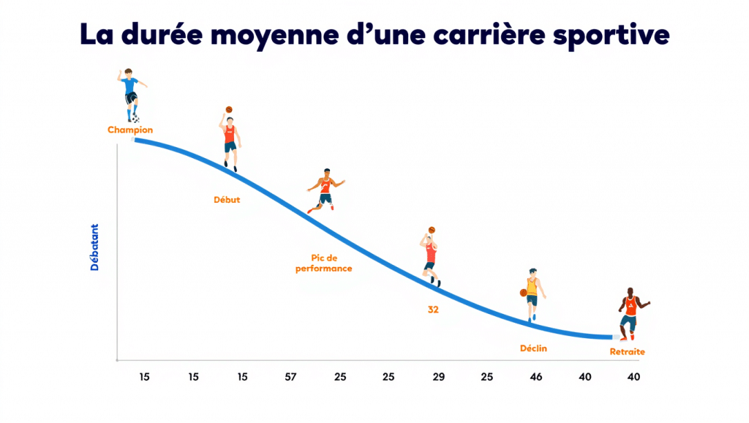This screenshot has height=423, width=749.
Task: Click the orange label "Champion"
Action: [x=130, y=130]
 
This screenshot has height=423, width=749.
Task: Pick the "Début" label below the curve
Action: [x=227, y=199]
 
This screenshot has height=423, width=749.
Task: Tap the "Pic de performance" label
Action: [x=323, y=263]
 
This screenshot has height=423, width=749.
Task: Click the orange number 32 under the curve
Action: [x=433, y=310]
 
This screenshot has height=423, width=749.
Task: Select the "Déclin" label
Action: [x=533, y=348]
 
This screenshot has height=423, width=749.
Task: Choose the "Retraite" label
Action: [x=628, y=352]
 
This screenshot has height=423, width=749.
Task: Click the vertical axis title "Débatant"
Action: [x=95, y=247]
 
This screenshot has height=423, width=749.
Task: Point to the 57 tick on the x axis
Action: [x=290, y=377]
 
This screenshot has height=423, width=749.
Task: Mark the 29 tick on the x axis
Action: [x=438, y=377]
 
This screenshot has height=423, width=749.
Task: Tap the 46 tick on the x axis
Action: [x=535, y=377]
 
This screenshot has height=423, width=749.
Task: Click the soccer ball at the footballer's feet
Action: [x=135, y=119]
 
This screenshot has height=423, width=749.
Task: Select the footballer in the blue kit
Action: [x=130, y=94]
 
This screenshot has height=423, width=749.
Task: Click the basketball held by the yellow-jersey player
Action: [x=523, y=293]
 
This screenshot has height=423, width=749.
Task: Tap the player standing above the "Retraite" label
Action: [x=629, y=313]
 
